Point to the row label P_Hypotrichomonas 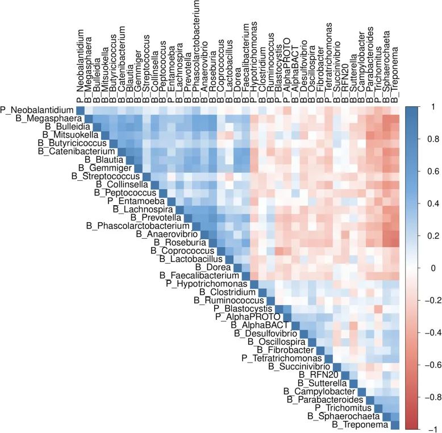click(x=207, y=284)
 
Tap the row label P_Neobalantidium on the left click(x=37, y=110)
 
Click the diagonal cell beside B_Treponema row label click(x=395, y=424)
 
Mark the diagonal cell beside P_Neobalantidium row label click(x=80, y=110)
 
